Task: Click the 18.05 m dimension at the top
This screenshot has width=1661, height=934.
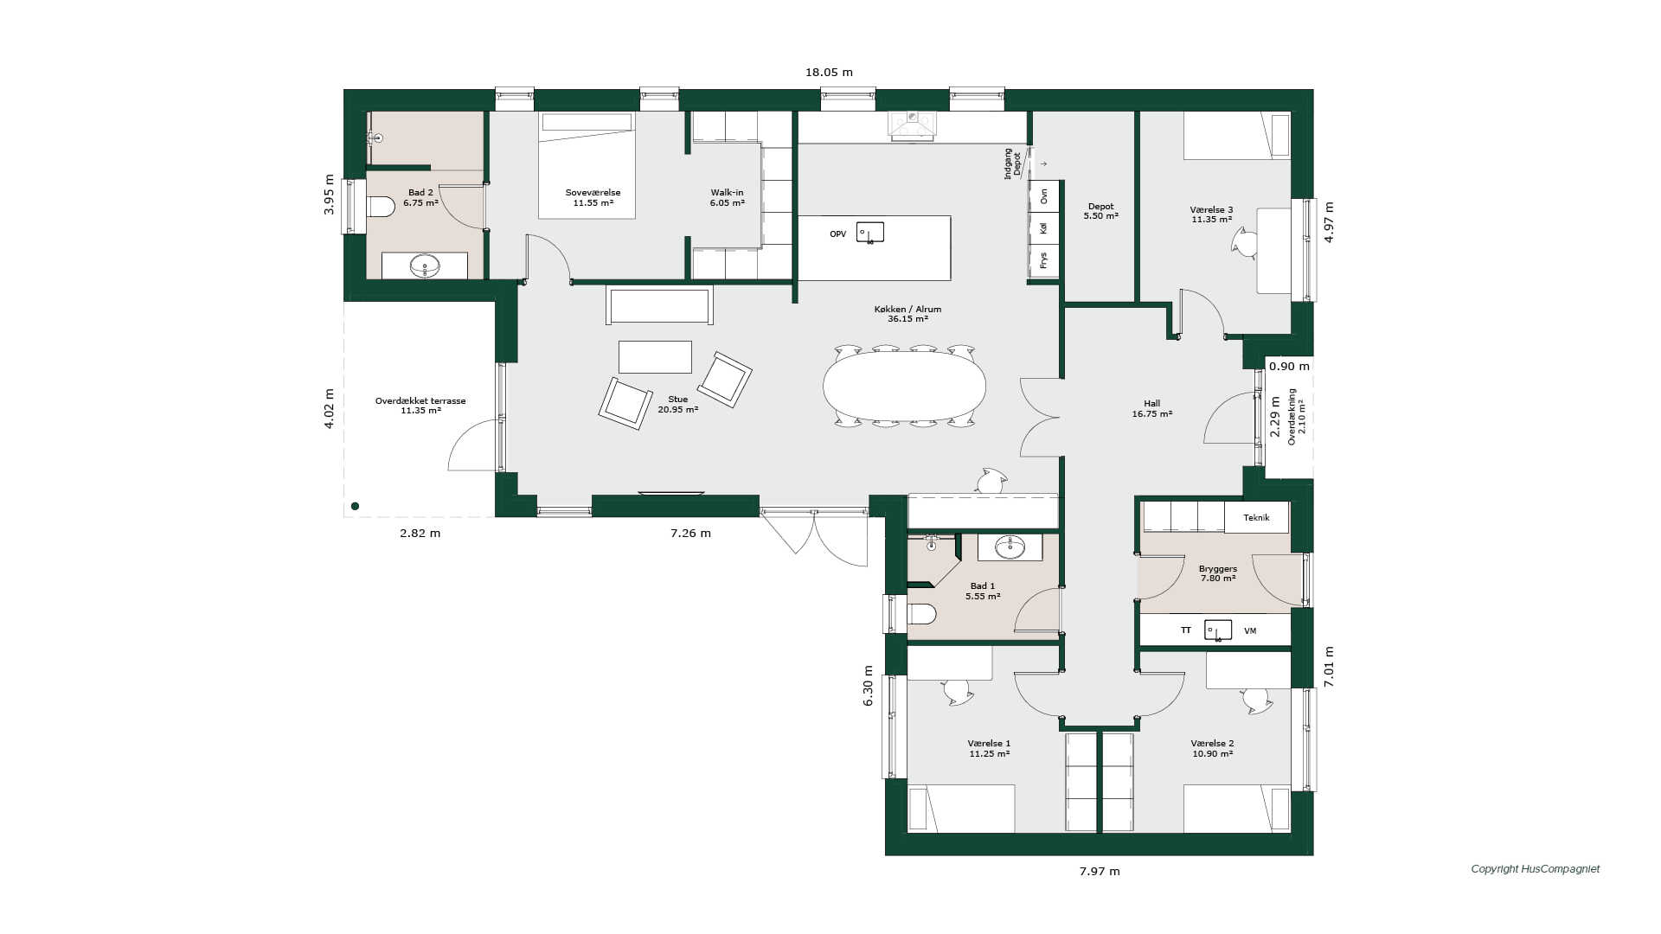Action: (x=829, y=73)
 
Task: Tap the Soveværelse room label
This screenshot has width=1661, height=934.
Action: (x=593, y=193)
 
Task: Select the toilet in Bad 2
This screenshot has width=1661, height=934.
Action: (x=381, y=206)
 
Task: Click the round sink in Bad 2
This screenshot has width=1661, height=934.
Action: (x=425, y=265)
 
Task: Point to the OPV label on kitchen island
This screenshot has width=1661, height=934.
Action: (x=837, y=234)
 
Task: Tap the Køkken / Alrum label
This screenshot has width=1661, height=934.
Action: (x=907, y=309)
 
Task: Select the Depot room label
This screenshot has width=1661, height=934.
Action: (x=1100, y=207)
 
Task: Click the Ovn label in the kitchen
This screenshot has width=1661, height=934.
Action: (x=1044, y=196)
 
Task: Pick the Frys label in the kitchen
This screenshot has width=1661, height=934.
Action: (x=1044, y=260)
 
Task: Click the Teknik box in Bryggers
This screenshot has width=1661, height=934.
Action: (x=1256, y=518)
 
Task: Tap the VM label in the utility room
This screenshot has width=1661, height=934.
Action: (x=1250, y=631)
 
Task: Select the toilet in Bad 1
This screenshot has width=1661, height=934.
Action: (x=922, y=614)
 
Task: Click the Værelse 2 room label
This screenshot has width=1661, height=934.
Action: (x=1212, y=743)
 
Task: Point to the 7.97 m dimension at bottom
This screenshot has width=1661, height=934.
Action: (x=1099, y=872)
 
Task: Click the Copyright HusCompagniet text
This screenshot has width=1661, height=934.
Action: (x=1536, y=869)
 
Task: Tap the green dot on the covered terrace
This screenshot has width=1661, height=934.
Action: (x=355, y=507)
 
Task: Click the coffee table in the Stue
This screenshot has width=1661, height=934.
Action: (x=655, y=357)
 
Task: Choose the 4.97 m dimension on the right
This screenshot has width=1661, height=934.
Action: (x=1329, y=222)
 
